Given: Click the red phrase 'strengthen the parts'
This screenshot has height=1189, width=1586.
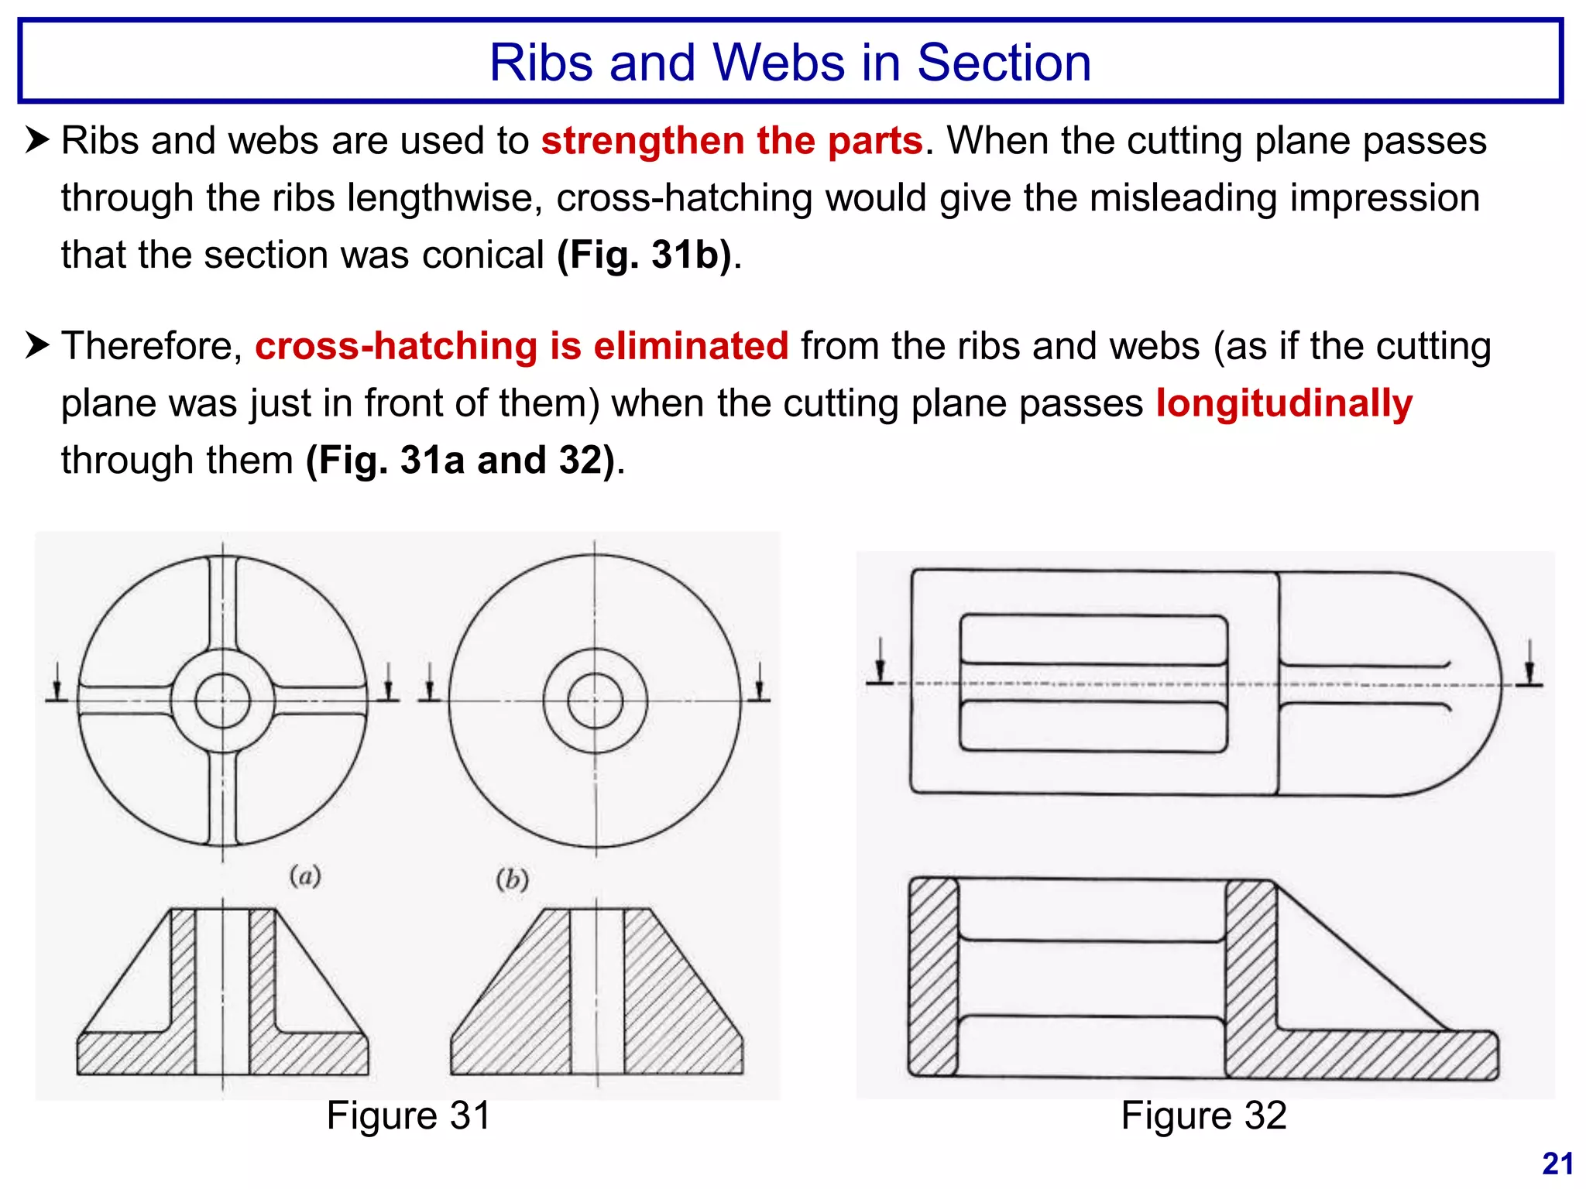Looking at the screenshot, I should click(731, 142).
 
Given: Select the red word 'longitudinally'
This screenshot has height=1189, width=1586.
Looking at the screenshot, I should click(1284, 403).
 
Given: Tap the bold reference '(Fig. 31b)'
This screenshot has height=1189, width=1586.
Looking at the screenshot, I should click(644, 255).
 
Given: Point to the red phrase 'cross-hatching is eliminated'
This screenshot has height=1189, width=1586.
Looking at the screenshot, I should click(521, 346).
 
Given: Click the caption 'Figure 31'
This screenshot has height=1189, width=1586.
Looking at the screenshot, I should click(408, 1116).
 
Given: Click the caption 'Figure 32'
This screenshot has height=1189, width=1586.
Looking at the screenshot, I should click(1203, 1116).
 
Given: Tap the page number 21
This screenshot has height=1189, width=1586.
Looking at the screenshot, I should click(1557, 1164).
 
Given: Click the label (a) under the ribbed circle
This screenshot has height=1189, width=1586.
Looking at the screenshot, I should click(305, 876).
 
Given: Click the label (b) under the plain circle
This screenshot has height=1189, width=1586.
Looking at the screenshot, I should click(512, 879).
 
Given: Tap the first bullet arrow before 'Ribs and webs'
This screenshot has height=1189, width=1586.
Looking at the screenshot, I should click(36, 140).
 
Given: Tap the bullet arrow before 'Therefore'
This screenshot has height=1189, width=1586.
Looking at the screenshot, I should click(36, 345).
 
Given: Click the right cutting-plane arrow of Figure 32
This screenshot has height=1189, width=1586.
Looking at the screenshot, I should click(1529, 664).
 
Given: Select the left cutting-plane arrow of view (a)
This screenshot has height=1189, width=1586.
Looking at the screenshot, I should click(57, 684).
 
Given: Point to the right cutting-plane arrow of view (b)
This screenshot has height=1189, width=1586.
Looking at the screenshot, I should click(759, 684).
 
